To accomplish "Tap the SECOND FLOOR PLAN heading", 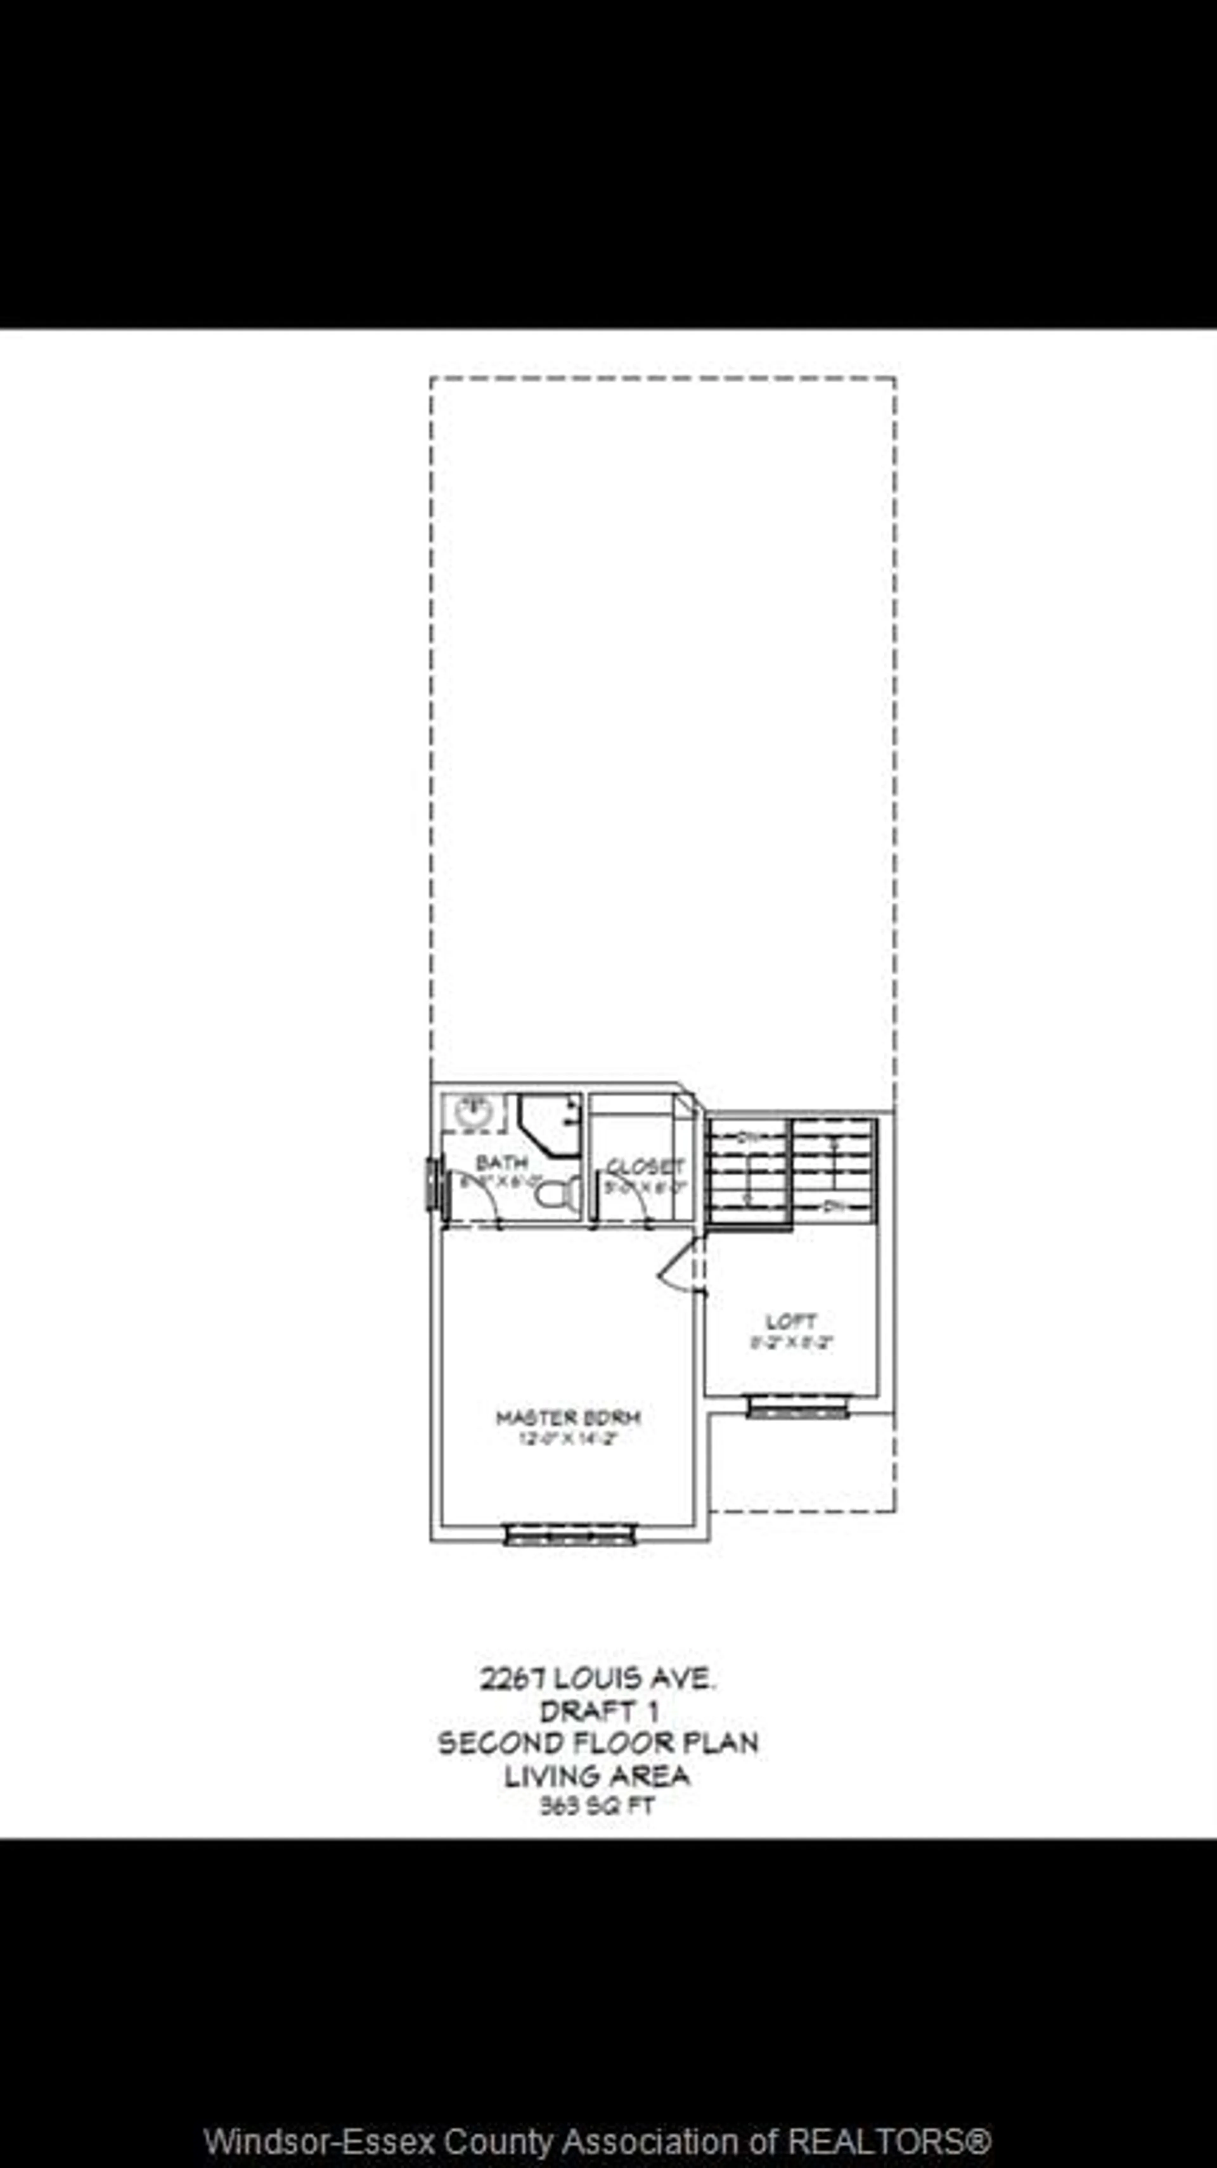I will [x=597, y=1742].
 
